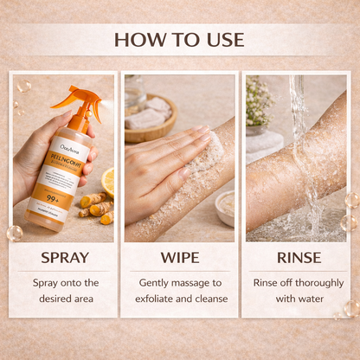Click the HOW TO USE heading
coord(179,39)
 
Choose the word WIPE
coord(179,257)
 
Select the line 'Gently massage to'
coord(179,282)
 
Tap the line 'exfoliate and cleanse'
coord(179,299)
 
